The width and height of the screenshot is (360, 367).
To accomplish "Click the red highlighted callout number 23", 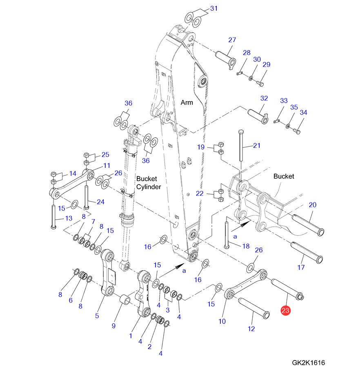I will tap(285, 311).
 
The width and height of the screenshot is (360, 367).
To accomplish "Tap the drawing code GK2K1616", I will tap(308, 362).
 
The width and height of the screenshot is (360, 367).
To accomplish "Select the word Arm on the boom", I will tap(187, 102).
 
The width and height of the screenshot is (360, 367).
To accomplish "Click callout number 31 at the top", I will tap(214, 8).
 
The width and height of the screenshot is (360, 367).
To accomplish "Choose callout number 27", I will tap(232, 40).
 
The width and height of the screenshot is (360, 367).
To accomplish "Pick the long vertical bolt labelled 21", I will tap(241, 151).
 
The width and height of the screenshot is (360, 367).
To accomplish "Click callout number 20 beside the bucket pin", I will tap(312, 205).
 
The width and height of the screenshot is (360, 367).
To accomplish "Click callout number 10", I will tap(222, 321).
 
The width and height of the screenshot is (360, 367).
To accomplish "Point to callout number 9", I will tap(114, 326).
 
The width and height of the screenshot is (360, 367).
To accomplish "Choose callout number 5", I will tap(97, 316).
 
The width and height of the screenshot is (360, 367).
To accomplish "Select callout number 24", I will tap(100, 202).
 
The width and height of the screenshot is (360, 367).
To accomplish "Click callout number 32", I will tap(264, 98).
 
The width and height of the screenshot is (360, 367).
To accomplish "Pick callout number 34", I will tap(303, 112).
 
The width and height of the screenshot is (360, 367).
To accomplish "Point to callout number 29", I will tap(266, 65).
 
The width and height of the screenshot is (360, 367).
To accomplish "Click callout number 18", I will tap(246, 246).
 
